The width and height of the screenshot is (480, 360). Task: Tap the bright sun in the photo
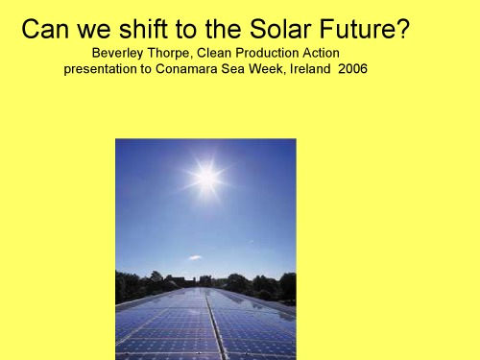coord(205,177)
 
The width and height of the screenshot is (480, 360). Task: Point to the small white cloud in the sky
coord(195,257)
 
